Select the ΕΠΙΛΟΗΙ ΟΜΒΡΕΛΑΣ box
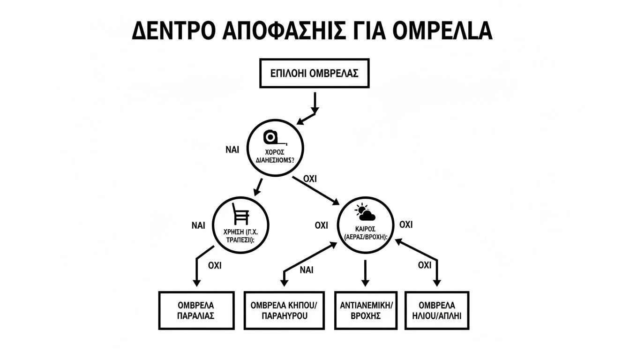[315, 73]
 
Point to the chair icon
[240, 215]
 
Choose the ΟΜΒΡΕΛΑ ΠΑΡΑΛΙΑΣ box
[196, 310]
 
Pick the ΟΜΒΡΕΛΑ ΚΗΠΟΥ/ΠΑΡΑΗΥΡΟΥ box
[284, 310]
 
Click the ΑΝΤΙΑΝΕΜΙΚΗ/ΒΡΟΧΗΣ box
[365, 310]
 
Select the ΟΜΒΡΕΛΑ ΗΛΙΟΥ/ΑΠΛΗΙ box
[436, 310]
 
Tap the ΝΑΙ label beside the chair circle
[198, 225]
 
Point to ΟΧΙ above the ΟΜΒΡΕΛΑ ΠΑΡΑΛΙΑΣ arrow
[214, 266]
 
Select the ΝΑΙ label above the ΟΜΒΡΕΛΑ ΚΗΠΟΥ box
[306, 270]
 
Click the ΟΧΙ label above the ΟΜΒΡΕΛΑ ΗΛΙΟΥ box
[424, 266]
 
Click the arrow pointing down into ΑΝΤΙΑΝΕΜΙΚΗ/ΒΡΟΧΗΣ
[365, 273]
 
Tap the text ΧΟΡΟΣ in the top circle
[275, 152]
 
